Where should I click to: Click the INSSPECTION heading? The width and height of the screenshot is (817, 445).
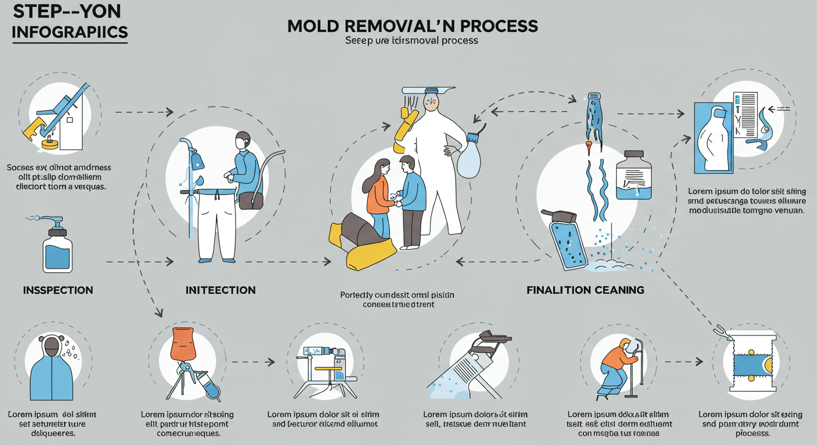[x=58, y=290]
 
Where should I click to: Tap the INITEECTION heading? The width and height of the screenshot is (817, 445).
[x=220, y=290]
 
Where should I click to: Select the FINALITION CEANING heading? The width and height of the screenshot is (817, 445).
[x=585, y=289]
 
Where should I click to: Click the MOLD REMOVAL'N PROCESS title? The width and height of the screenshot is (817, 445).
[x=412, y=26]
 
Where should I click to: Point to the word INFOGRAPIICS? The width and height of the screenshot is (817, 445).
[x=70, y=32]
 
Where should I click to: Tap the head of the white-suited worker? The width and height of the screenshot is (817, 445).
[x=431, y=103]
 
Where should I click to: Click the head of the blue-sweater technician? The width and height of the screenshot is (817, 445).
[x=243, y=141]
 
